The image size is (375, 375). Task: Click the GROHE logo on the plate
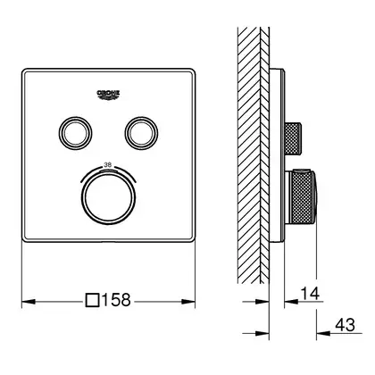point(108,96)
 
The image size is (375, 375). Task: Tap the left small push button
point(75,133)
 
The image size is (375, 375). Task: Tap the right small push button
point(141,133)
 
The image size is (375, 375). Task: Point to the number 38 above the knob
point(107,164)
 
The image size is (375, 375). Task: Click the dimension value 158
point(116,300)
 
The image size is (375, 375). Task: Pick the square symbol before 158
point(92,300)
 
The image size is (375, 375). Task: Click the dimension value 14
point(310,294)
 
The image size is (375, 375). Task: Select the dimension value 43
point(346,325)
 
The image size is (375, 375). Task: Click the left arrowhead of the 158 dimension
point(29,302)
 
